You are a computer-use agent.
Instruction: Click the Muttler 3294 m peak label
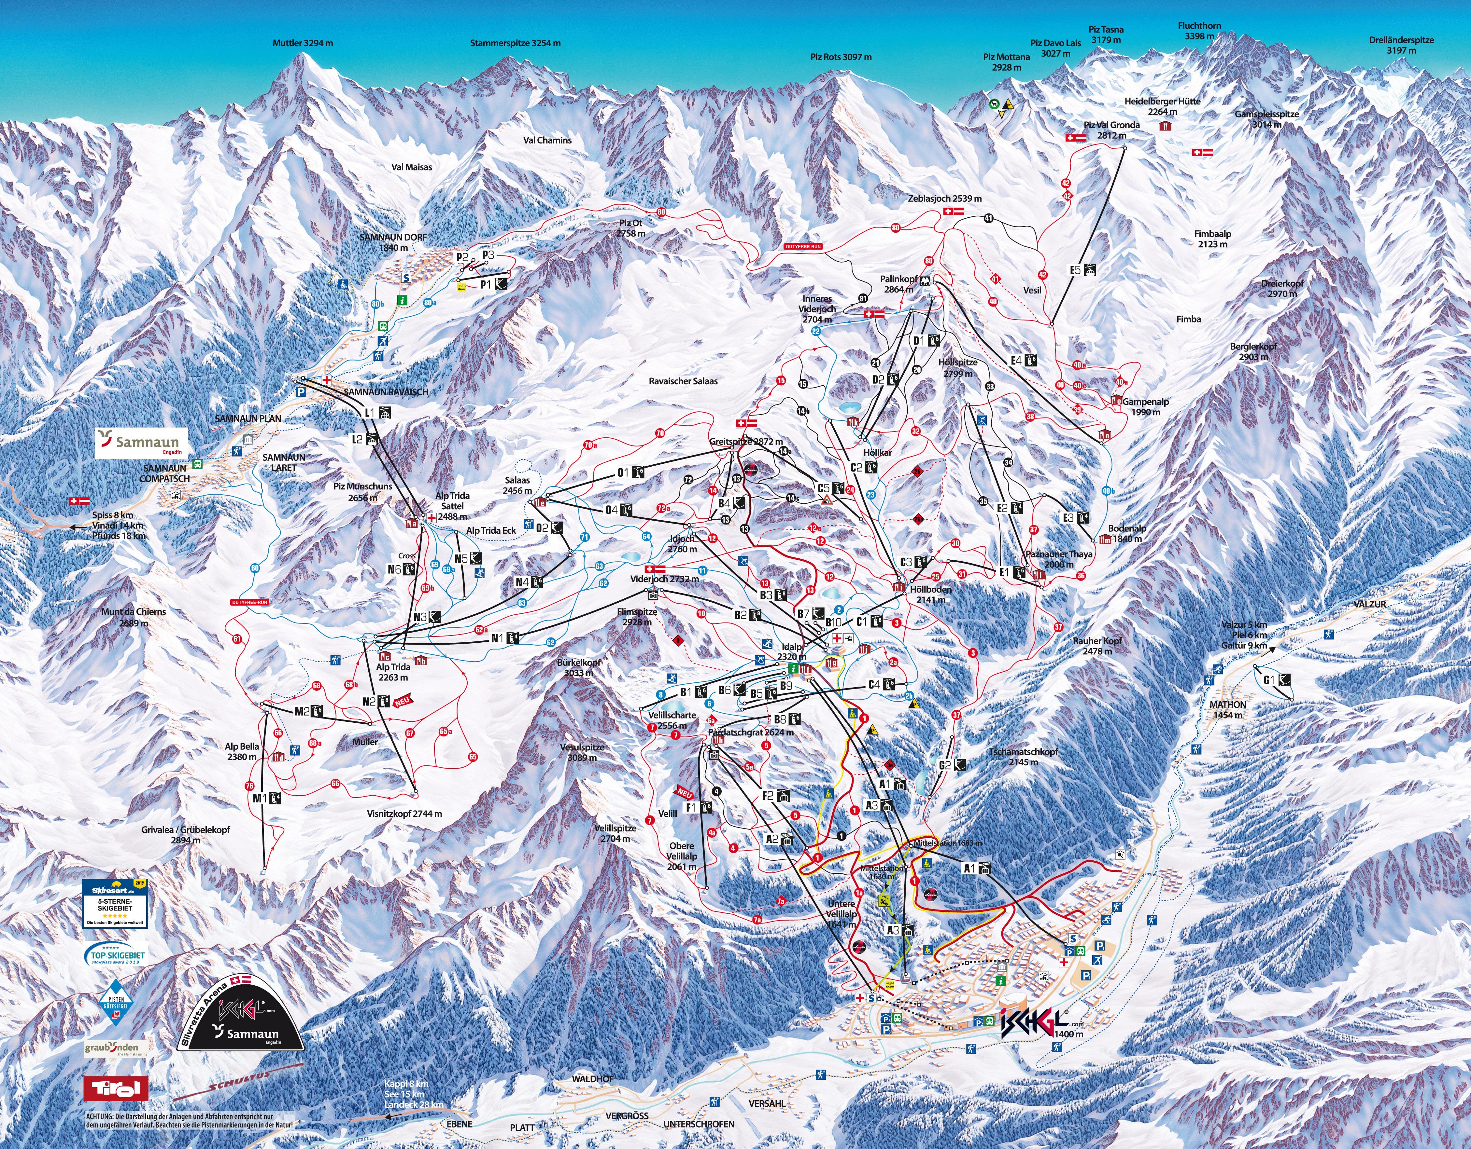pos(303,43)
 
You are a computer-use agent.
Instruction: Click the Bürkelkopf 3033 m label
pos(579,667)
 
